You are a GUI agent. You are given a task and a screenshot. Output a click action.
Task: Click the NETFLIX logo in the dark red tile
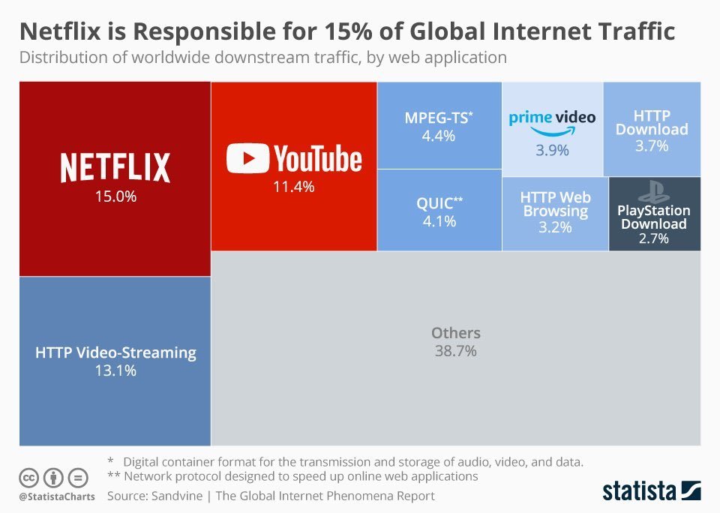115,168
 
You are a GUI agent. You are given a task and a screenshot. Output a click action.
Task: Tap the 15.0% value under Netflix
115,196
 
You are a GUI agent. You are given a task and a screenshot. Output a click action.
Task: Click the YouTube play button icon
247,158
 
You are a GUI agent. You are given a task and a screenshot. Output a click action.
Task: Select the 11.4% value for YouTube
294,187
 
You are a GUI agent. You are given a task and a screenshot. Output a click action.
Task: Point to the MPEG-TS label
439,118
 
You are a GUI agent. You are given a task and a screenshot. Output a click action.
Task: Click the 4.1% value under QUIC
439,221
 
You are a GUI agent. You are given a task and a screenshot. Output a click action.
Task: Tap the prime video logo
553,122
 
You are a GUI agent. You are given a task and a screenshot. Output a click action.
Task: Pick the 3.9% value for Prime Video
553,150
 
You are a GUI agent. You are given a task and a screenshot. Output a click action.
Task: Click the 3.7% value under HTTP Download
652,146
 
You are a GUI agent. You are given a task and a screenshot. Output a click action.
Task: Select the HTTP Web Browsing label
556,204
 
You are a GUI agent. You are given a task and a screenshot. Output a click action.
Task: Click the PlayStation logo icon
653,191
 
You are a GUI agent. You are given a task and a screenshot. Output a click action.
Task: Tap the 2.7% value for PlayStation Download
654,238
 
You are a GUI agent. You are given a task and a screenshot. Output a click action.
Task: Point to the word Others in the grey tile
456,333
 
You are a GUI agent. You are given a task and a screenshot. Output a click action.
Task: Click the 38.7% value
456,351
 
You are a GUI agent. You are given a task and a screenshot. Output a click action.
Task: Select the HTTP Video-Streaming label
115,352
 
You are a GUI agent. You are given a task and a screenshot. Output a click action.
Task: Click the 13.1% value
115,370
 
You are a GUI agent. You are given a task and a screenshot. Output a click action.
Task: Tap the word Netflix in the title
60,31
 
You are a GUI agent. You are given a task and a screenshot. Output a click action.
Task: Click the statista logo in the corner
652,490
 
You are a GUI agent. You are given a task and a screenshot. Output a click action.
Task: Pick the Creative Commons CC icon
28,478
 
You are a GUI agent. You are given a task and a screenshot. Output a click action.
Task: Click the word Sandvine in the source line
177,496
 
